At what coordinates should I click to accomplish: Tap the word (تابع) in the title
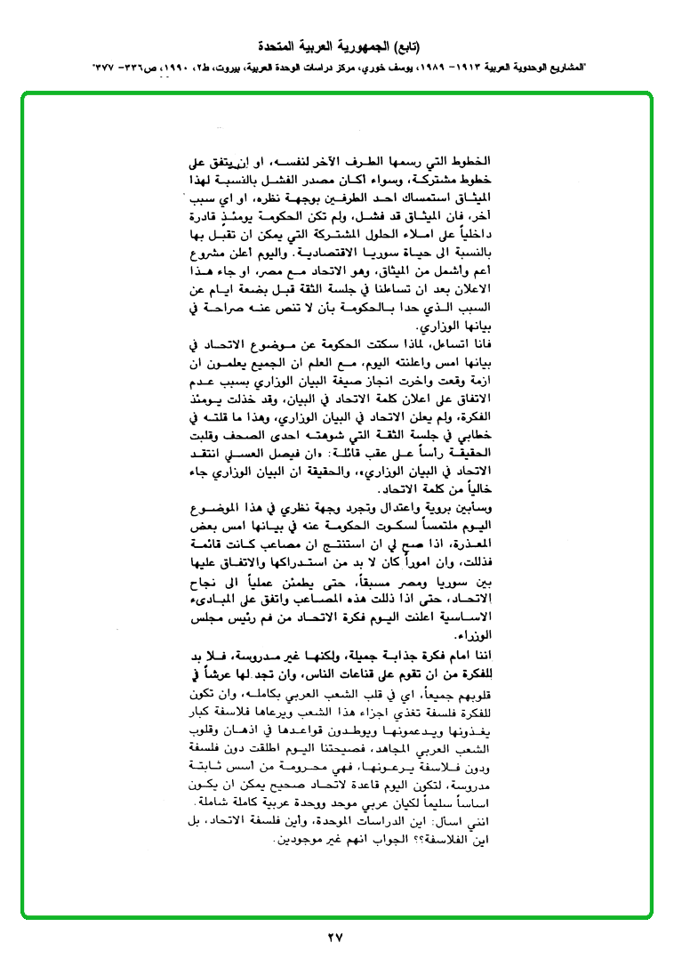pyautogui.click(x=405, y=44)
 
